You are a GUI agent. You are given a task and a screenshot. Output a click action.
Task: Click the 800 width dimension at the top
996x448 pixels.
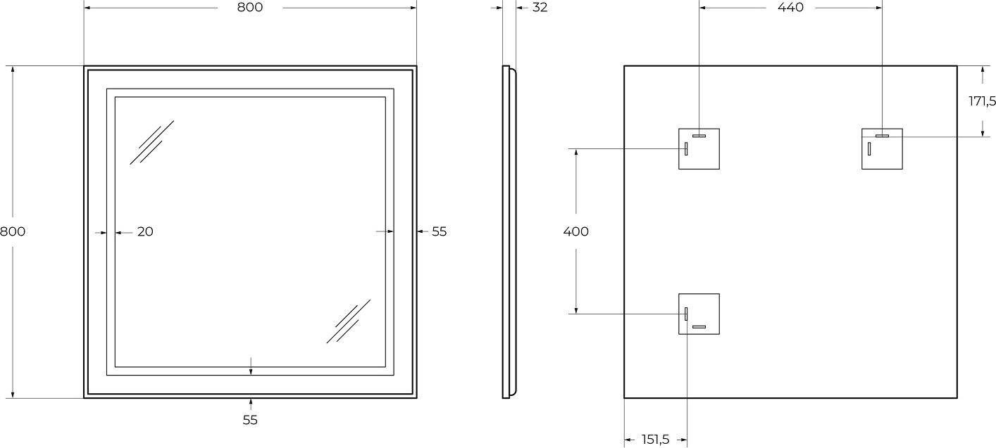click(250, 8)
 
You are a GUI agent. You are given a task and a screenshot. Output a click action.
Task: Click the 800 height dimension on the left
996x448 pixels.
click(13, 231)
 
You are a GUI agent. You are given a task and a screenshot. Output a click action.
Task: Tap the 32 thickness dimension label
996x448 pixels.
click(540, 8)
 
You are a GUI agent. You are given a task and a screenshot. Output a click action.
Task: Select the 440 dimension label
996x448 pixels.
click(790, 8)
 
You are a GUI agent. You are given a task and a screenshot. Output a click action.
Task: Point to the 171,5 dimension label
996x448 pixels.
click(982, 101)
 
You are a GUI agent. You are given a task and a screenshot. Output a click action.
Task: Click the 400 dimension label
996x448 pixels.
click(575, 231)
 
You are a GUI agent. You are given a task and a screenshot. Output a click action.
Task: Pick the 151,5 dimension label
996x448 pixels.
click(655, 440)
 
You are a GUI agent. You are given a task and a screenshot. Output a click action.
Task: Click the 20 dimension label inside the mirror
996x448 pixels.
click(145, 231)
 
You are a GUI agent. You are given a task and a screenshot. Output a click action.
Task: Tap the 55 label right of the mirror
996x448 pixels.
click(440, 231)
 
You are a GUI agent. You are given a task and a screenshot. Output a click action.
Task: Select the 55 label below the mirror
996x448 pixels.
click(250, 420)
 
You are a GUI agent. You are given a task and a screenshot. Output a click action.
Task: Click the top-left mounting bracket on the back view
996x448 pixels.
click(699, 148)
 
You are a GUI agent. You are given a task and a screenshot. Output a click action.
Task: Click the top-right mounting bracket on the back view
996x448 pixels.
click(882, 148)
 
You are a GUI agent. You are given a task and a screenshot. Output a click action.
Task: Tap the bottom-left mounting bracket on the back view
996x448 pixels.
click(699, 314)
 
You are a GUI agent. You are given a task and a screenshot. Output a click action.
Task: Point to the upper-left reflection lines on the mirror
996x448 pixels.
click(151, 143)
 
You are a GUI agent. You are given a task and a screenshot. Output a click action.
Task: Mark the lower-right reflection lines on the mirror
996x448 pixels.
click(349, 321)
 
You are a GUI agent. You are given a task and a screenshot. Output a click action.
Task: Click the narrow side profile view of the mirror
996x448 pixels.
click(509, 232)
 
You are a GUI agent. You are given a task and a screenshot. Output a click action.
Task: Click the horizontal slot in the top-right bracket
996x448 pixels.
click(882, 136)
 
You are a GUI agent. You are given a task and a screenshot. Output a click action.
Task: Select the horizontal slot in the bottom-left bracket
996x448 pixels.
click(699, 327)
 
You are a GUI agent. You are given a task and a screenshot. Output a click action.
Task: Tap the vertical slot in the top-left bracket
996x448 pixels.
click(686, 148)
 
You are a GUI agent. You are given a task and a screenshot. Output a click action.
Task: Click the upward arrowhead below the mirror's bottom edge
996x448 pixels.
click(250, 402)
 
